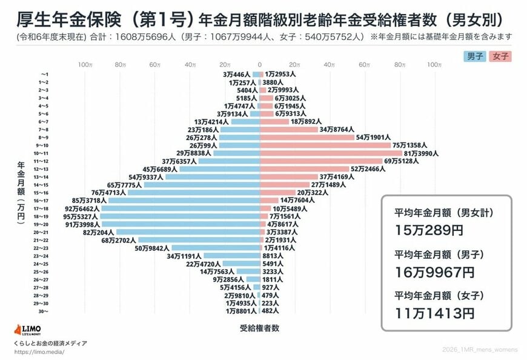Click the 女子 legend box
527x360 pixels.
point(500,56)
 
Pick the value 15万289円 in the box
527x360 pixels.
point(426,230)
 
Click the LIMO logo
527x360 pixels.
point(27,330)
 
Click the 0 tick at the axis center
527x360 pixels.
point(260,64)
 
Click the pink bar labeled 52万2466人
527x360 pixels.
point(305,169)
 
